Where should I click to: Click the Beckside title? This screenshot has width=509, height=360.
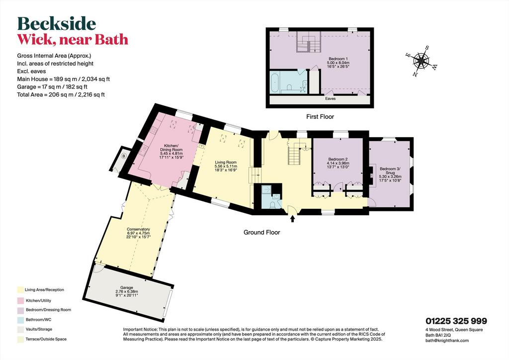57,24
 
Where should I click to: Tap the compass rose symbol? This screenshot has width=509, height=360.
422,60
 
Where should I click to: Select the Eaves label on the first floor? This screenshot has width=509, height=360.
331,98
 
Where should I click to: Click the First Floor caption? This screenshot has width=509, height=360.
320,116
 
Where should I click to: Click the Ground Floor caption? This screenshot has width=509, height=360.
261,232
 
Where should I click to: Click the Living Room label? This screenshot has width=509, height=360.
226,166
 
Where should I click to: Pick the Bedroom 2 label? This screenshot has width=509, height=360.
338,163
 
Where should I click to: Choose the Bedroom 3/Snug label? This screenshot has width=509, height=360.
390,175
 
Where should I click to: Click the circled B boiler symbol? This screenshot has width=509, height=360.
123,156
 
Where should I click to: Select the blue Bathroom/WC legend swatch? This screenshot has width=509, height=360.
20,320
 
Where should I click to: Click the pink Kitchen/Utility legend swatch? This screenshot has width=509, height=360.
20,301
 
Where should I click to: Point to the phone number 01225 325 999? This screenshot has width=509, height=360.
456,321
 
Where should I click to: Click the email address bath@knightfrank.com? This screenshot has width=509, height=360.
447,341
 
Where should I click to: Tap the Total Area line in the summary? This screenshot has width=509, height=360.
61,95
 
